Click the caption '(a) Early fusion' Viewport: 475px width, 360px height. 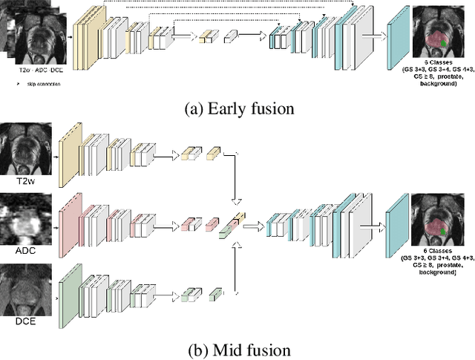click(239, 108)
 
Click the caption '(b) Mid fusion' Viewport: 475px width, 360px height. click(239, 347)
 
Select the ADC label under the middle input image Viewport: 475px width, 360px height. click(26, 250)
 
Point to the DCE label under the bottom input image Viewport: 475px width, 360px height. click(27, 321)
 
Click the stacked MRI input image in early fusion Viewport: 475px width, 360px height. click(33, 33)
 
